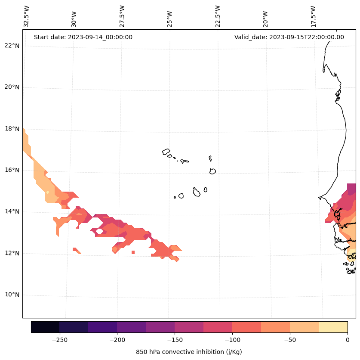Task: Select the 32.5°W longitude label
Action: [x=27, y=16]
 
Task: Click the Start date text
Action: [x=83, y=37]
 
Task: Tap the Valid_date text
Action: [x=289, y=37]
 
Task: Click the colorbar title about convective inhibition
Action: [x=189, y=352]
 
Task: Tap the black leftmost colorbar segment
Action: [x=45, y=327]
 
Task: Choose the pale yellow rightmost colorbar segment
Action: [x=333, y=327]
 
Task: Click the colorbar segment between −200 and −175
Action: [x=131, y=327]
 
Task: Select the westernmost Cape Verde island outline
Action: [x=166, y=152]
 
